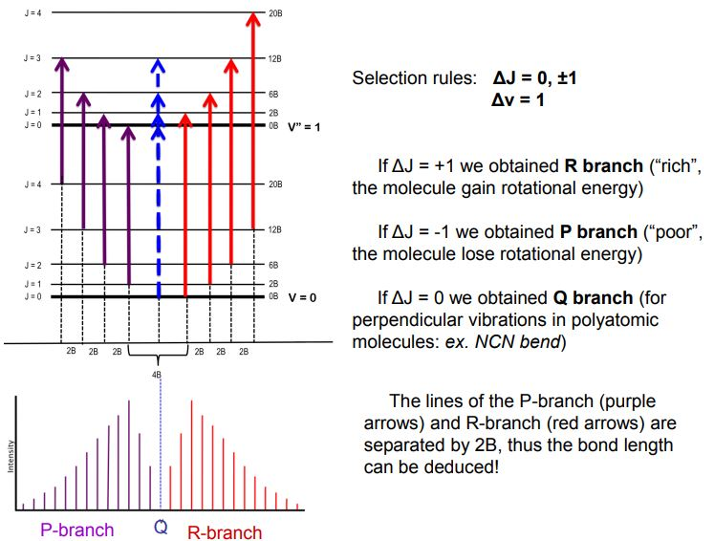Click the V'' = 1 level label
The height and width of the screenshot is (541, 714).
(x=305, y=126)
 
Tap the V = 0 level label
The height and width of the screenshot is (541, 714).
(x=302, y=297)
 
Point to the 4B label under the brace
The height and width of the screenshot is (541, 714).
(x=157, y=375)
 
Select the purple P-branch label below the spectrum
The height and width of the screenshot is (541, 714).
(x=76, y=530)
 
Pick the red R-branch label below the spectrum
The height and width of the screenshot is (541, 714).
(x=224, y=531)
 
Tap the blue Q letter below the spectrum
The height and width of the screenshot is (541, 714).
(x=161, y=528)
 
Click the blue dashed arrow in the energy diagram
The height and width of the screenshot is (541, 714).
(x=159, y=191)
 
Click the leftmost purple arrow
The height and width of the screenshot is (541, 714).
(x=62, y=119)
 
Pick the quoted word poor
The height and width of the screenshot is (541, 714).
(x=681, y=232)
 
